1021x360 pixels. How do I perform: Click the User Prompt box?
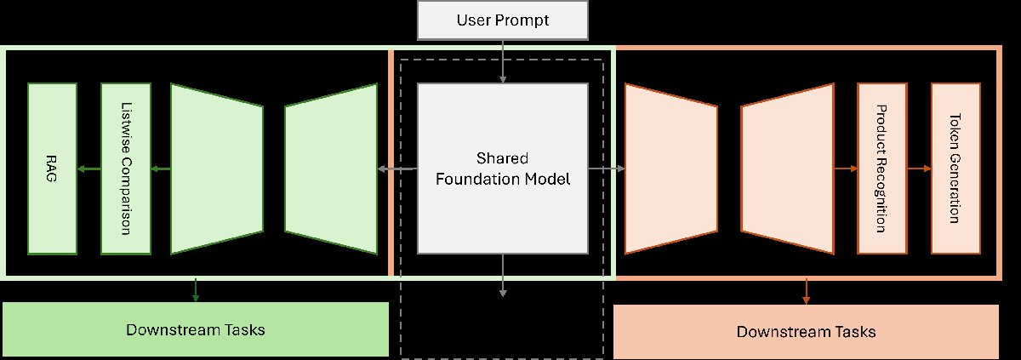point(503,20)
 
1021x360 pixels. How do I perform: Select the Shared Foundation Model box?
point(503,169)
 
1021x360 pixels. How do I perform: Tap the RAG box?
point(52,169)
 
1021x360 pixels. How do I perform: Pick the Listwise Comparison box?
point(126,169)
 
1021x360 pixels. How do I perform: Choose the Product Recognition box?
point(882,169)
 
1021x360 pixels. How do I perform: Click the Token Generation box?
point(955,169)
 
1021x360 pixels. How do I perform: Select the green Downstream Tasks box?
point(196,329)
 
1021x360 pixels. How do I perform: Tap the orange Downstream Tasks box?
point(806,331)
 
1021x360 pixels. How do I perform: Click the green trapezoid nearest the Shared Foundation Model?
point(331,169)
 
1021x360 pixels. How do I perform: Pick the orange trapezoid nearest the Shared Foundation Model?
point(671,169)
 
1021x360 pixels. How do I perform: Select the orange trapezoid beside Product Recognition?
point(787,169)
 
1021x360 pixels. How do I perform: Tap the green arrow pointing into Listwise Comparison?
point(161,169)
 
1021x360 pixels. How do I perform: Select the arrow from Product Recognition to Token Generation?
point(919,169)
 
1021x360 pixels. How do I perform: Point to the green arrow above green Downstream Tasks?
point(197,289)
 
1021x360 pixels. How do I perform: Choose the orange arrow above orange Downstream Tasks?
point(806,291)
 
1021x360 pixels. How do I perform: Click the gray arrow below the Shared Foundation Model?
point(503,275)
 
